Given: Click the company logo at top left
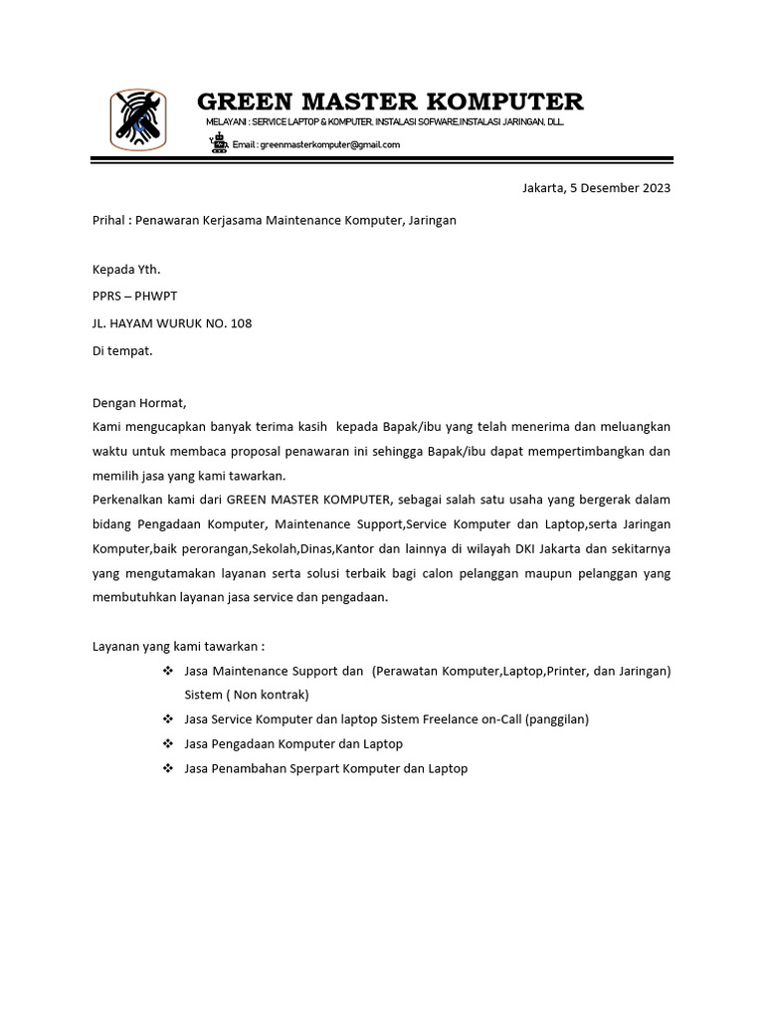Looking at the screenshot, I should pos(138,119).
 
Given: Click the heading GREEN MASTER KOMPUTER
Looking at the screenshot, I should pos(390,102).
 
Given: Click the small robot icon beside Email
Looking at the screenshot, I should pos(219,143).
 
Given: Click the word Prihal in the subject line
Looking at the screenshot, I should pos(109,220).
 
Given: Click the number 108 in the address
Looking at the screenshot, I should pos(240,322).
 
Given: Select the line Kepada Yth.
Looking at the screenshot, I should pos(126,269).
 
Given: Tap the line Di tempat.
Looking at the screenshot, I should pos(122,350).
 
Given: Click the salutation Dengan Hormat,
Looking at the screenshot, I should pos(139,403).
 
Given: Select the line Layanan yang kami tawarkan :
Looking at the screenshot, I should pos(179,646).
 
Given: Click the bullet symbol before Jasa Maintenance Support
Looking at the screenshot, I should pos(168,672).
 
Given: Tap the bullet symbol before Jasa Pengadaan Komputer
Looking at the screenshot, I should pos(168,744).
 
